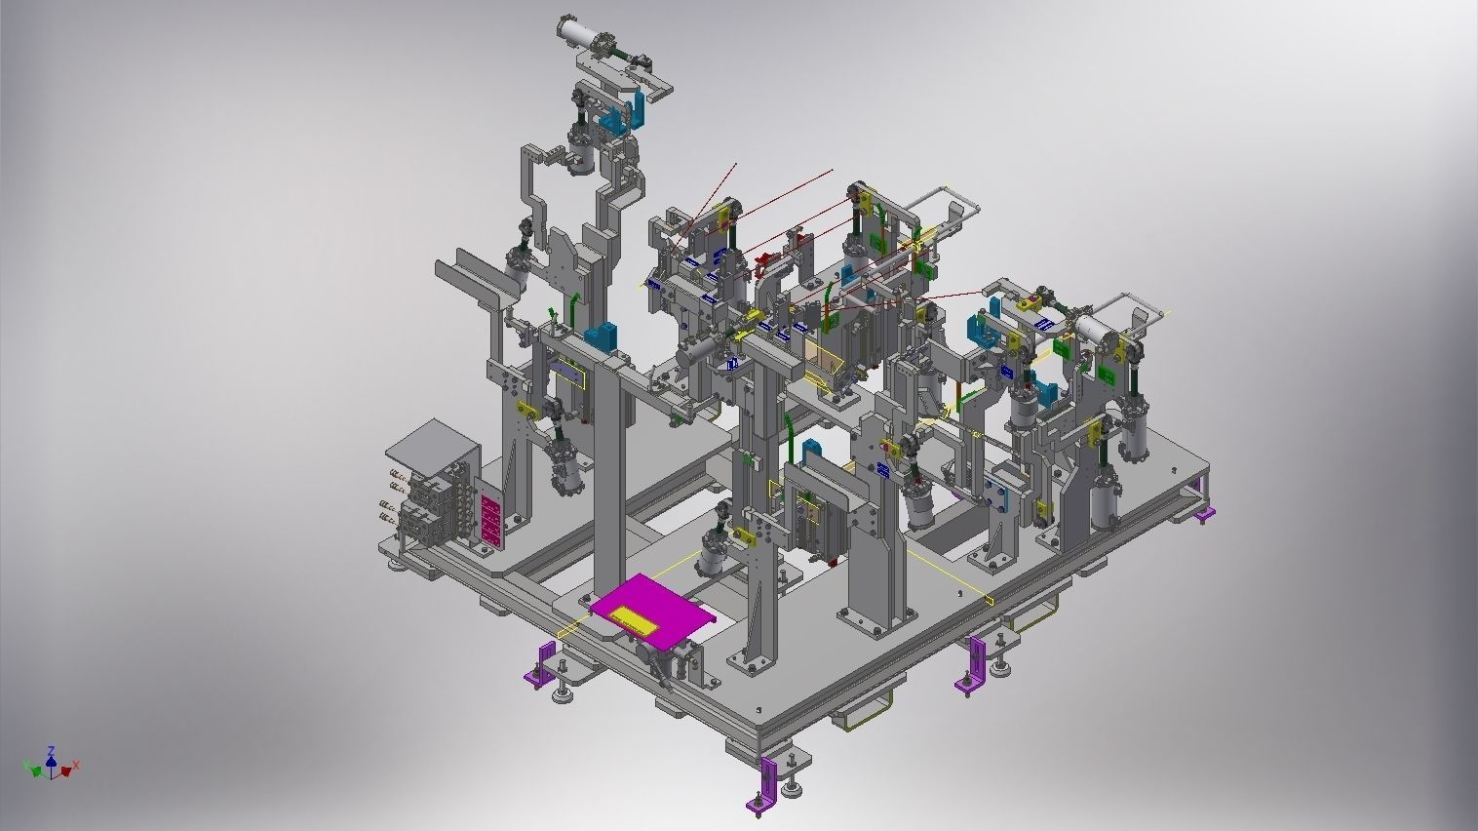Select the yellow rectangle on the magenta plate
tap(633, 617)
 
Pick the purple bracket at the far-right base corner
tap(1206, 513)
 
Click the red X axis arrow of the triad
tap(71, 767)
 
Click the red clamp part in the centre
tap(765, 258)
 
